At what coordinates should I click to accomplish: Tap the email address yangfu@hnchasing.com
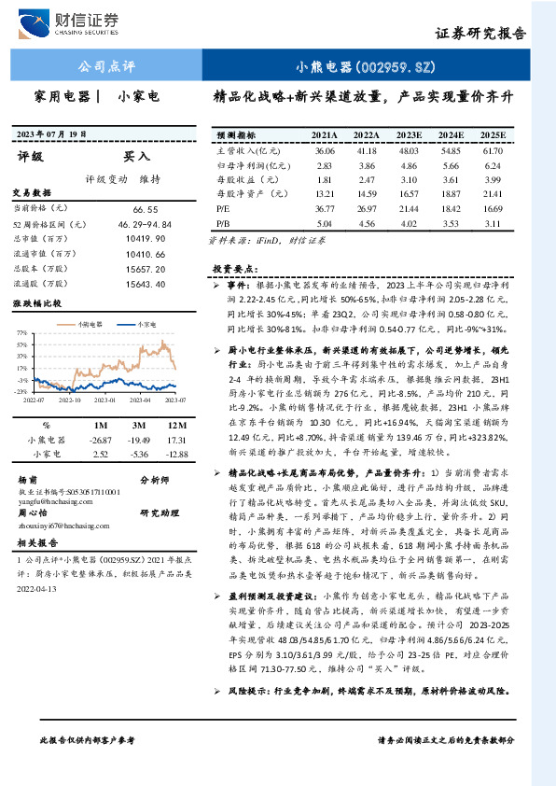point(52,500)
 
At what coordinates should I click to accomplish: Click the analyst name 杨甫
point(27,478)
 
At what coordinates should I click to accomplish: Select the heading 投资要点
point(234,268)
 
